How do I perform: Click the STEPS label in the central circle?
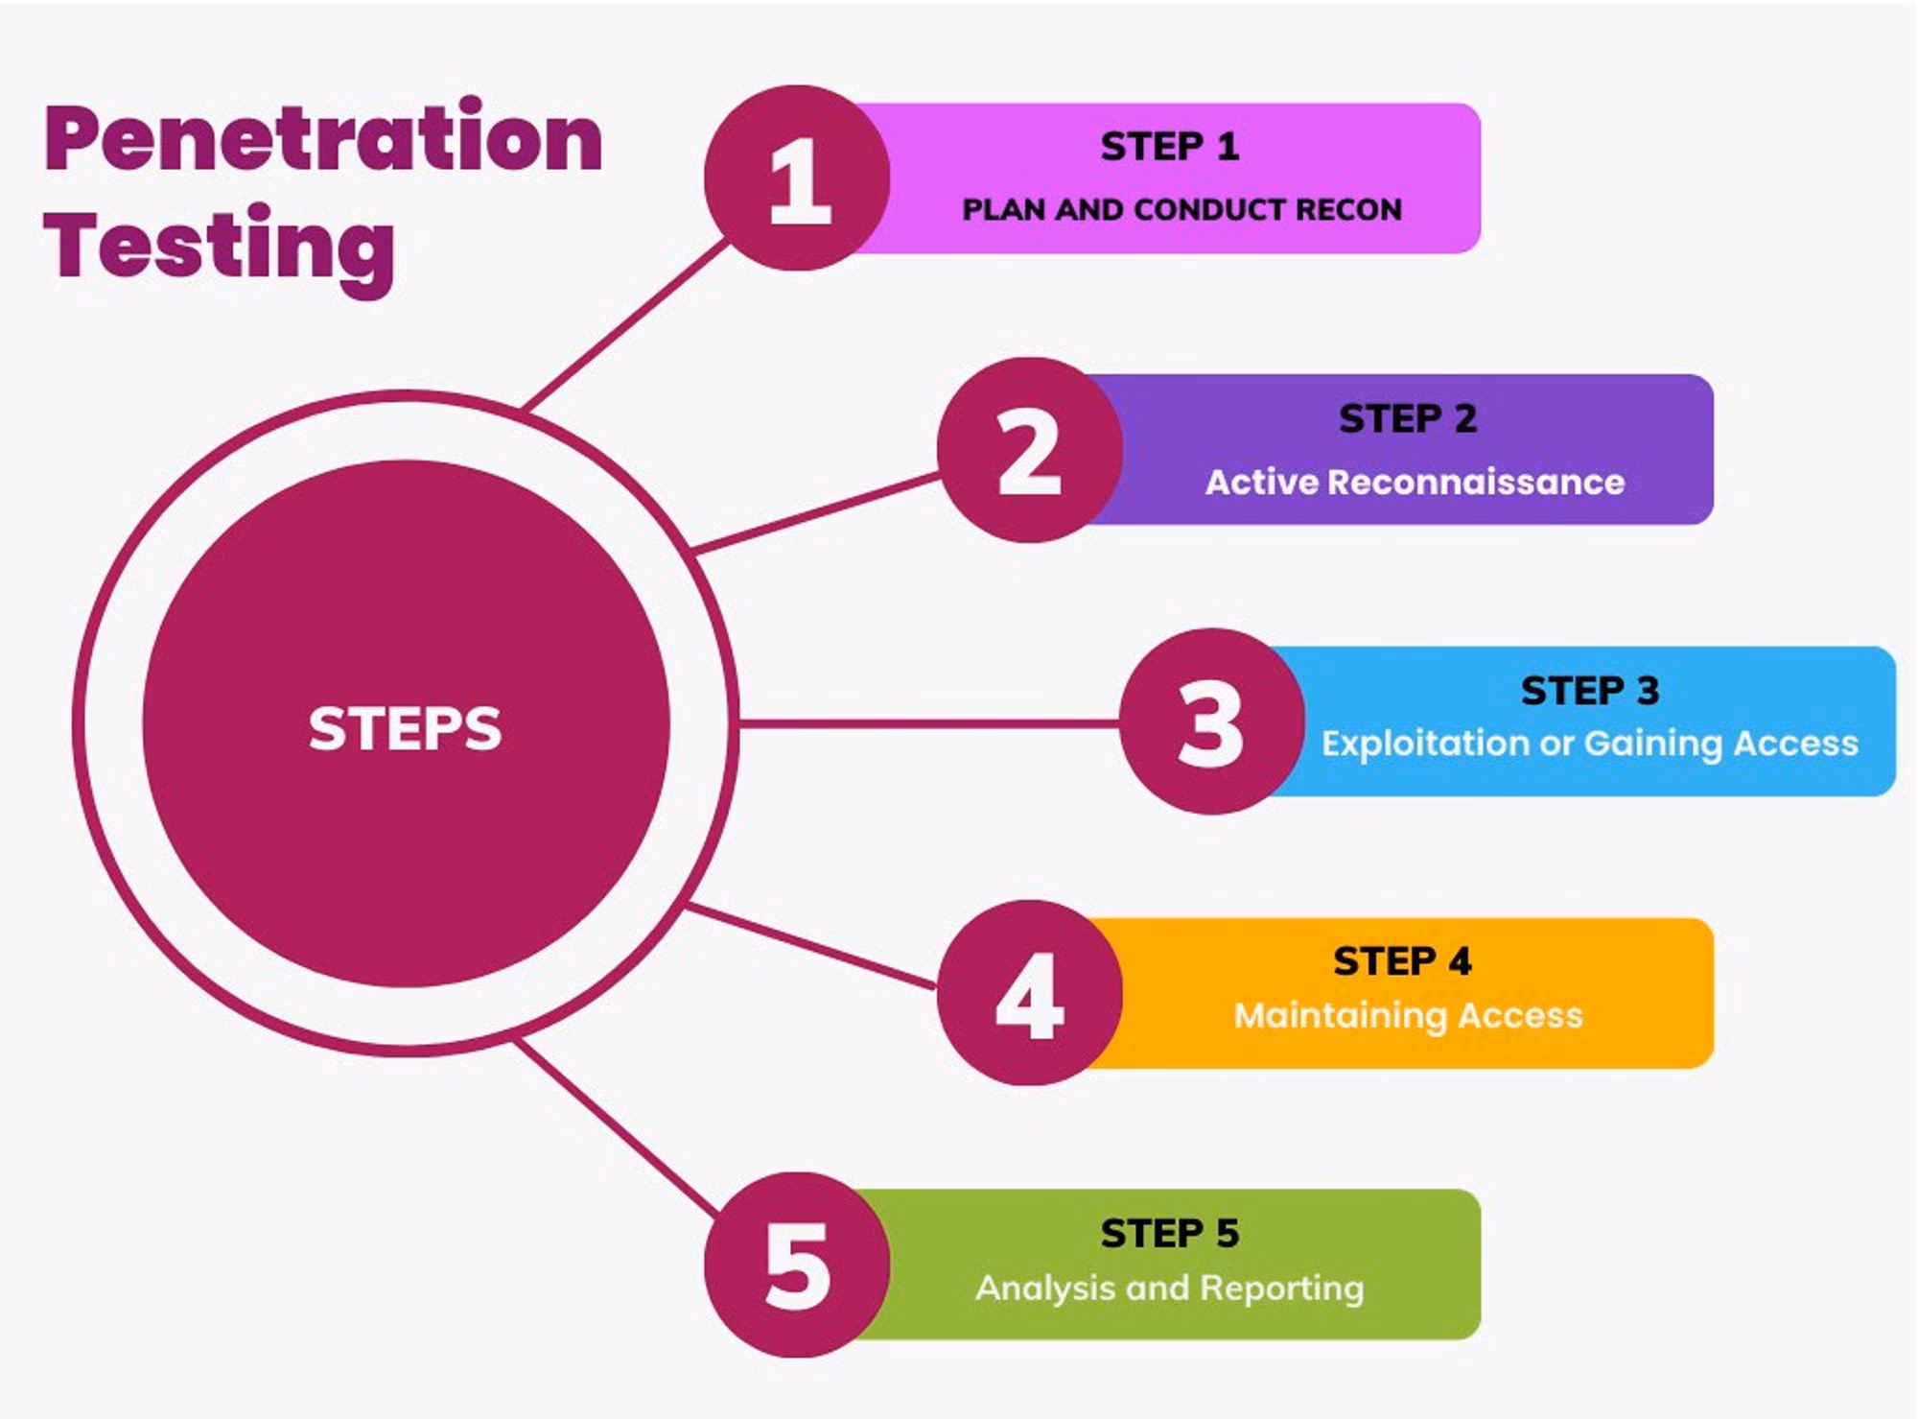point(405,728)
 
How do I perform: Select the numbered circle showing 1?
point(797,177)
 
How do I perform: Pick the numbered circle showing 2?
point(1030,450)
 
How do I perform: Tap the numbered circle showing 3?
point(1212,721)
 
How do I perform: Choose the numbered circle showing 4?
point(1030,993)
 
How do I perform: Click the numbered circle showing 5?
point(797,1265)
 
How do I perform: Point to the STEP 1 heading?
point(1170,147)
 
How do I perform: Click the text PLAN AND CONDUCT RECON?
point(1181,209)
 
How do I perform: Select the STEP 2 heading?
point(1408,418)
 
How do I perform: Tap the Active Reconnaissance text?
point(1415,482)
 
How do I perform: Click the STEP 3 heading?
point(1590,691)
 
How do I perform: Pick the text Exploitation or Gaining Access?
point(1590,744)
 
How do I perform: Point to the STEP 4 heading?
point(1402,961)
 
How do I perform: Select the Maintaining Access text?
point(1408,1015)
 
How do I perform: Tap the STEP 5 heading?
point(1170,1234)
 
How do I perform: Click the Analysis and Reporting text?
point(1170,1288)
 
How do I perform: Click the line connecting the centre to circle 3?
point(928,722)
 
